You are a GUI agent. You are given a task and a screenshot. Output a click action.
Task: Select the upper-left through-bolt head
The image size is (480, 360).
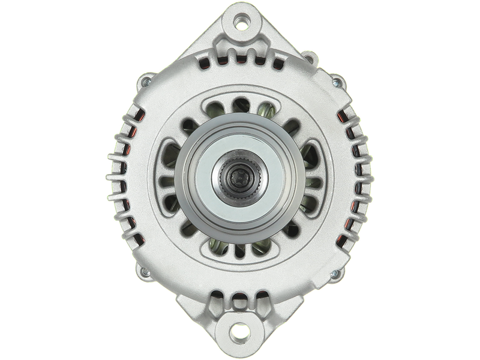tap(145, 82)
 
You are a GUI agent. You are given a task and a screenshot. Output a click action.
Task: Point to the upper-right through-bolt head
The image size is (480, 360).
tap(337, 82)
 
